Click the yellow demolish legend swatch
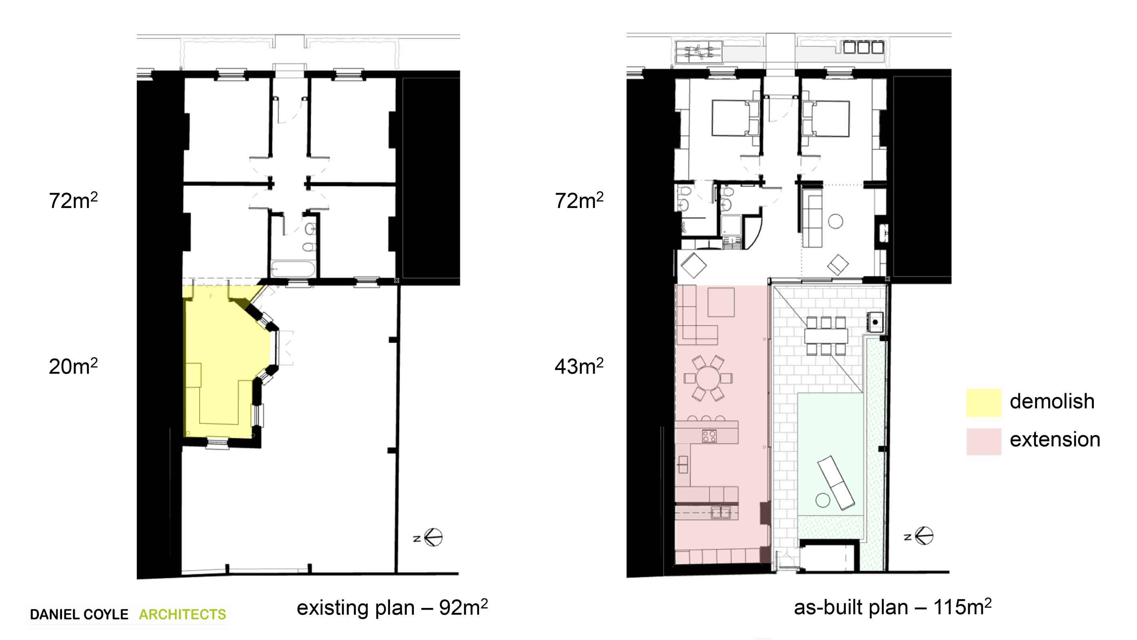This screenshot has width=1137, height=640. click(x=983, y=402)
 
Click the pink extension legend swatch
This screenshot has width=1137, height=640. click(x=983, y=441)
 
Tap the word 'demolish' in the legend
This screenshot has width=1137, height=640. click(x=1052, y=401)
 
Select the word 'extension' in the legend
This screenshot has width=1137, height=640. click(x=1055, y=440)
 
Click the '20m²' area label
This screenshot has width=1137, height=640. click(x=73, y=366)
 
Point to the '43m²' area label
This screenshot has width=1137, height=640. click(x=579, y=366)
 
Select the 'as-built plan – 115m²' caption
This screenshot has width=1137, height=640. click(x=893, y=607)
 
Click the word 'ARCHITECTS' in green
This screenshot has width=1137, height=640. click(x=182, y=614)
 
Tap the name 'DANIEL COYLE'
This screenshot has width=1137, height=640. click(x=79, y=614)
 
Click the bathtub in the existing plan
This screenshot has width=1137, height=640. click(x=293, y=269)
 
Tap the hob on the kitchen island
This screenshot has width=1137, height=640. click(x=709, y=436)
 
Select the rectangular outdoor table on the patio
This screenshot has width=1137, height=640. click(x=826, y=336)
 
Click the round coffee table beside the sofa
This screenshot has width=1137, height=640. click(x=835, y=221)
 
